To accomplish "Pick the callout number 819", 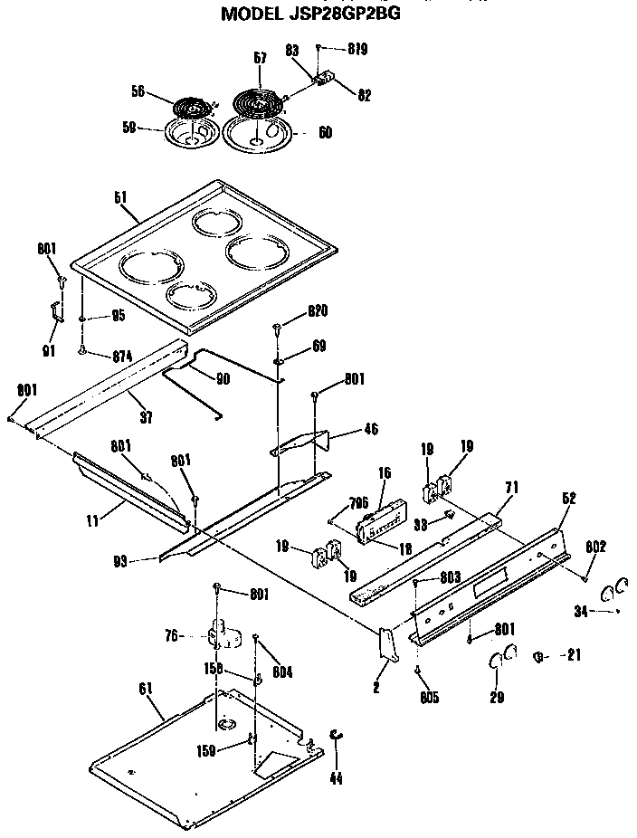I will click(x=357, y=49).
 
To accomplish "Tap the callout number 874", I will click(x=120, y=357).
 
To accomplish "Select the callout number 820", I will click(x=317, y=310).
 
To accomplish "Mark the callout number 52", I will click(x=568, y=497).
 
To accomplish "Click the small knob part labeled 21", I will click(x=541, y=655).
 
